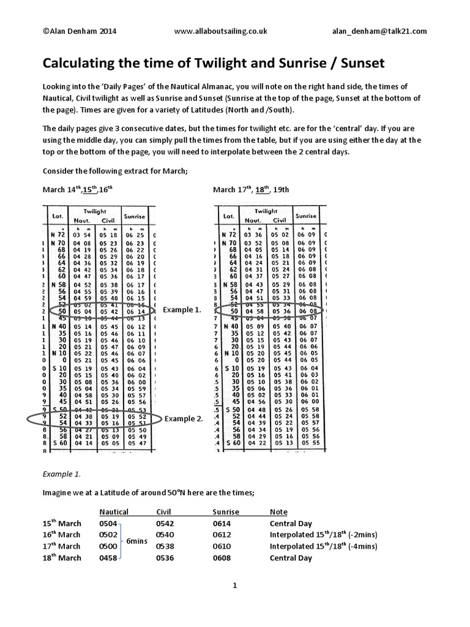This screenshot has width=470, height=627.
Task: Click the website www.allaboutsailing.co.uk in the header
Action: pyautogui.click(x=221, y=31)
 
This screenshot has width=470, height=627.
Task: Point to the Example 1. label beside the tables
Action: pyautogui.click(x=182, y=310)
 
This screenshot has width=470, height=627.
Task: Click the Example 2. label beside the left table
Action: pyautogui.click(x=182, y=418)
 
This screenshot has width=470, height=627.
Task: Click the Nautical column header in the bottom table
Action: pyautogui.click(x=113, y=511)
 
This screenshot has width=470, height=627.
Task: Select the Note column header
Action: pyautogui.click(x=278, y=511)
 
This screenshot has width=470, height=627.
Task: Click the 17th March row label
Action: pyautogui.click(x=62, y=546)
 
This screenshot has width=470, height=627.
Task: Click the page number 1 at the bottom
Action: pyautogui.click(x=234, y=585)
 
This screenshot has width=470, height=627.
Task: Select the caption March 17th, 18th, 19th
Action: pyautogui.click(x=251, y=189)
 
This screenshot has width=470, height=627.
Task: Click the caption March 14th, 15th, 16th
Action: pyautogui.click(x=77, y=189)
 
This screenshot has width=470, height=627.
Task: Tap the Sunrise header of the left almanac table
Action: pyautogui.click(x=134, y=216)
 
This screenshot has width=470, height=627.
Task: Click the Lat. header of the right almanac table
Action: pyautogui.click(x=229, y=216)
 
